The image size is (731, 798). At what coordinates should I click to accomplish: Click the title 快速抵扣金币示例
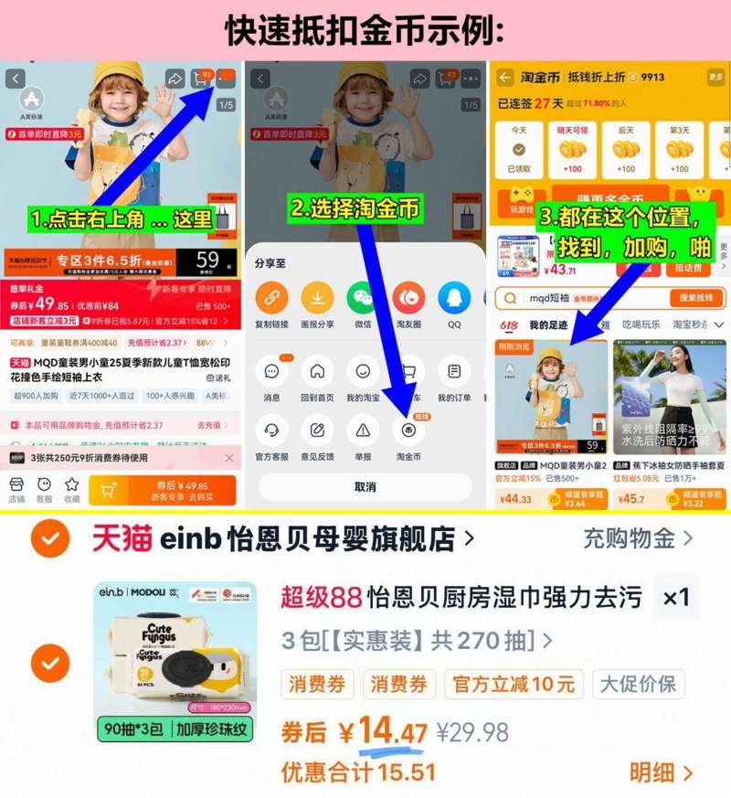coord(365,30)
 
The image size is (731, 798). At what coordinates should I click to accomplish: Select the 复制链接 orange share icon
coord(271,298)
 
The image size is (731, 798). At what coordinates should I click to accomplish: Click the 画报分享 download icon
coord(317,298)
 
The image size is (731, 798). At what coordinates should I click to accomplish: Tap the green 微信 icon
coord(363,298)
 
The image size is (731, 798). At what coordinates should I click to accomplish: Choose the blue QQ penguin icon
coord(454,298)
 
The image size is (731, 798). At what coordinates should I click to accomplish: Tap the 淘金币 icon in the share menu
coord(408,430)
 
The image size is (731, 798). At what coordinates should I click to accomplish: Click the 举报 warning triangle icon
coord(363,430)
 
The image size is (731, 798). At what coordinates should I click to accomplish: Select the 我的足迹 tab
coord(548,325)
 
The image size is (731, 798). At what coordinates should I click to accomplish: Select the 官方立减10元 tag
coord(514,684)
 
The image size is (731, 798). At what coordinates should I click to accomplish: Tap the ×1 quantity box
coord(676,598)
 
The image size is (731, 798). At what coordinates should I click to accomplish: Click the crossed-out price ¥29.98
coord(472,733)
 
